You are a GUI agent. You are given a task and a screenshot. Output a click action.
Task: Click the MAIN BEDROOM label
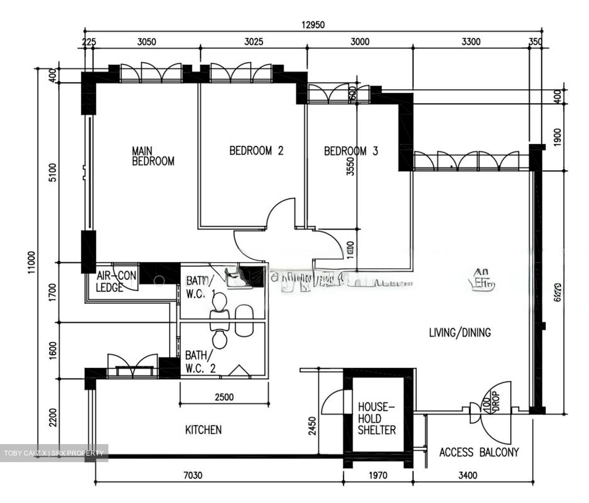click(x=153, y=156)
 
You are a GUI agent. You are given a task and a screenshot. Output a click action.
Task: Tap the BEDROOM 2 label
click(x=256, y=151)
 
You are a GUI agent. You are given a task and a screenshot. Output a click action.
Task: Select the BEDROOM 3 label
click(x=351, y=151)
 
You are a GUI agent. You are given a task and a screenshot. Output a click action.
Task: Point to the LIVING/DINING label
click(x=460, y=332)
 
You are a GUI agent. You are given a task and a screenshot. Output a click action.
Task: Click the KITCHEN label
click(x=203, y=430)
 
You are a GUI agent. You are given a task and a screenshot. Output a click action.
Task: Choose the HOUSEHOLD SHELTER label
click(x=377, y=418)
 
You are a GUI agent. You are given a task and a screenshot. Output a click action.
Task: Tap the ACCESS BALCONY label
click(x=479, y=452)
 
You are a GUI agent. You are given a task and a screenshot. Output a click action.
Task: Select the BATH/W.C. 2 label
click(x=200, y=362)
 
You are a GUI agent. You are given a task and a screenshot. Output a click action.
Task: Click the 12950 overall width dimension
click(x=313, y=25)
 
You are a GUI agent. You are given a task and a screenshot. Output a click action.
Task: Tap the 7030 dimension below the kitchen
click(x=193, y=475)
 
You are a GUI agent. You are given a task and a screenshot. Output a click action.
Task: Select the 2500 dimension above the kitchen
click(x=224, y=397)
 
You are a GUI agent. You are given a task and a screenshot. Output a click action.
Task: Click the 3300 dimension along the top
click(x=471, y=42)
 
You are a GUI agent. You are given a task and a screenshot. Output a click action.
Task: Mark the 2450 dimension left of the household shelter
click(x=312, y=427)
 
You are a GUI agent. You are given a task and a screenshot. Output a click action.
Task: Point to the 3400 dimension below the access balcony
click(x=467, y=475)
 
